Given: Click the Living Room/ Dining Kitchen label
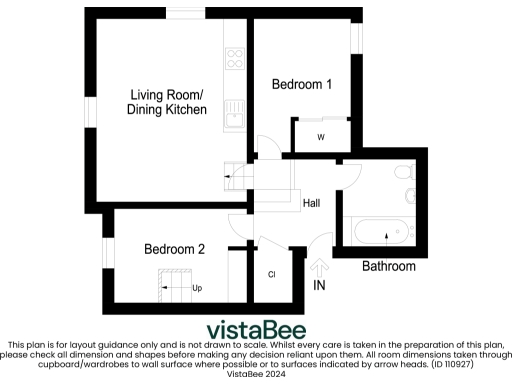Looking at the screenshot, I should point(167,102).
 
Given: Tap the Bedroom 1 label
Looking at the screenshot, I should point(302,85).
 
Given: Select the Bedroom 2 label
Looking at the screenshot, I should point(174,249).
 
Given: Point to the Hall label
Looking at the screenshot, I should point(311,203).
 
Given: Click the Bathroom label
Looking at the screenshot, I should point(388,266).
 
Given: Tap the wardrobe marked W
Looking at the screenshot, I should point(321,136).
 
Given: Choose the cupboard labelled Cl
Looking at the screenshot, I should point(271,274).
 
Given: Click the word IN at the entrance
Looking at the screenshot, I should point(320,286).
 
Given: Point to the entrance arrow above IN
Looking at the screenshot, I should point(320,267).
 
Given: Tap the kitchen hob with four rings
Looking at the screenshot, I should point(236,57).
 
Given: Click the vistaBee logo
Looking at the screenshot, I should point(256,330).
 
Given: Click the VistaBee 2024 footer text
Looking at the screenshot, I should point(256,375).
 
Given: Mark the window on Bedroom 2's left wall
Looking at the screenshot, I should point(105,252).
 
